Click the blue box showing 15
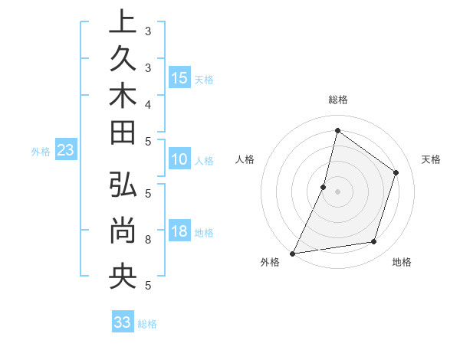pos(179,77)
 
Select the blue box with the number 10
pos(179,160)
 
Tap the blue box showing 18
pos(179,231)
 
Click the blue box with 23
pos(66,150)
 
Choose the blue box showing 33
pos(122,322)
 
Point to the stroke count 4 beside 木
pos(147,103)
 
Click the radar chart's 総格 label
pos(337,100)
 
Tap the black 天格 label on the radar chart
pos(431,159)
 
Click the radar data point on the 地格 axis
pos(374,242)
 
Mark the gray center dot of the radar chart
pos(337,191)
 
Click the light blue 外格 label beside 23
pos(41,152)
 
